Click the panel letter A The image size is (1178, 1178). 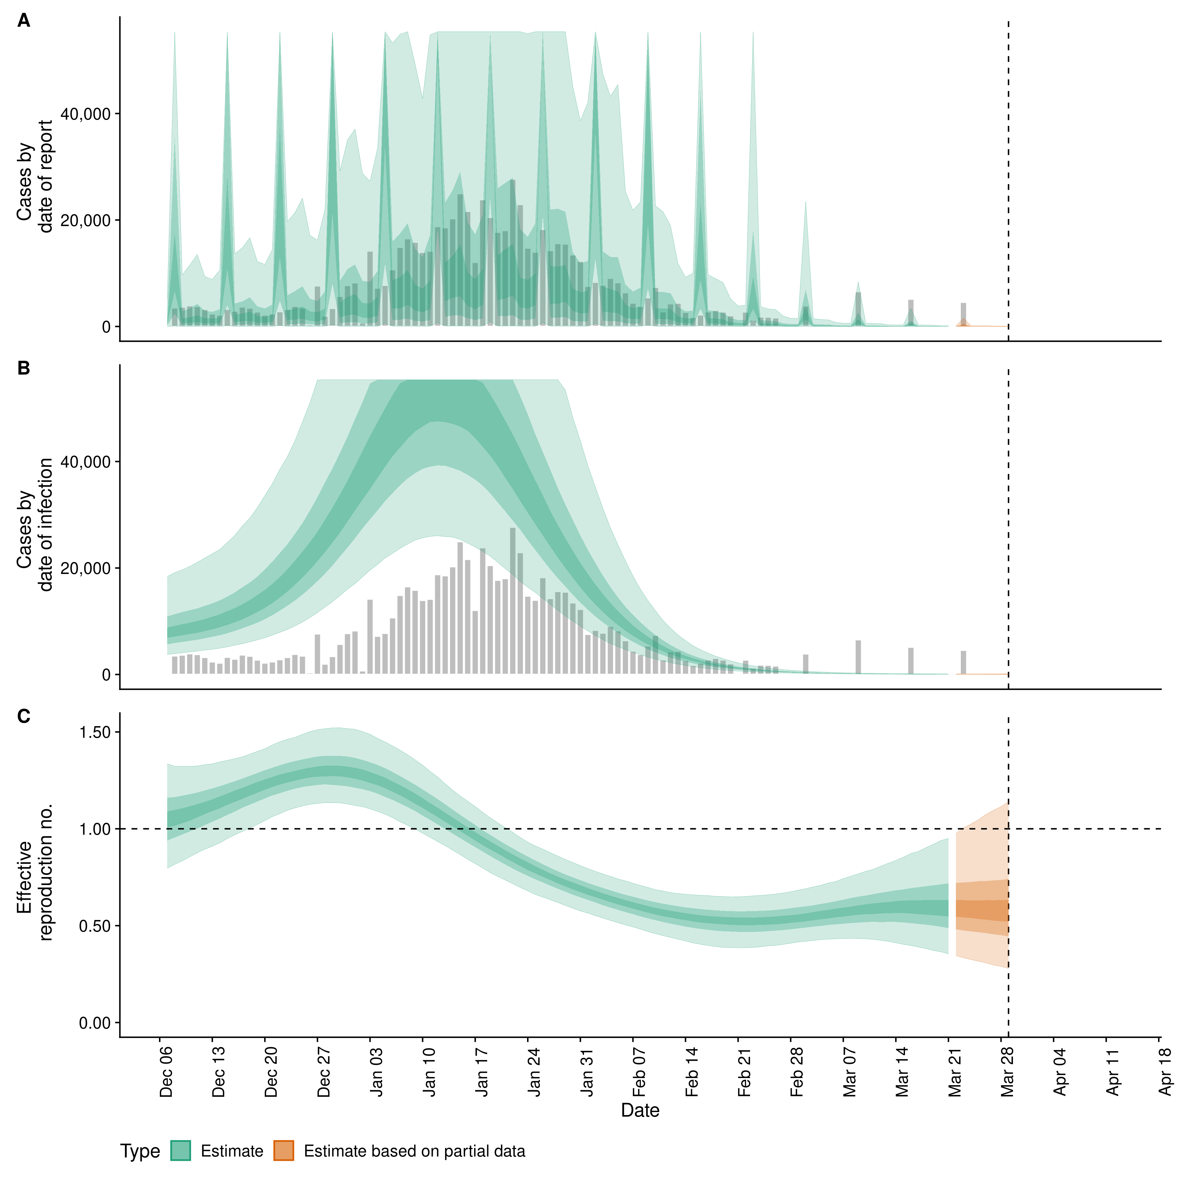point(24,21)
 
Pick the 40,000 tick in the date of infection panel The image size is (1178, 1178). point(86,462)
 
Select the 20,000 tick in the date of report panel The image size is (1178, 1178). point(86,221)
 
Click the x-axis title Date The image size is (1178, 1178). point(640,1110)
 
